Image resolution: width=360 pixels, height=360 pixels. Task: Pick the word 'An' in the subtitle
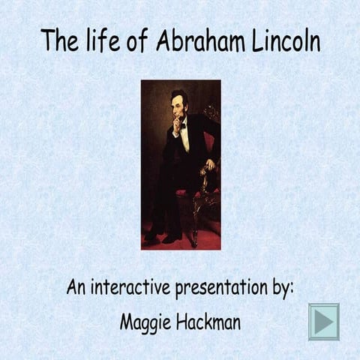pyautogui.click(x=76, y=287)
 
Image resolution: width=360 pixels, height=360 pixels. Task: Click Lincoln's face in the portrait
pyautogui.click(x=178, y=107)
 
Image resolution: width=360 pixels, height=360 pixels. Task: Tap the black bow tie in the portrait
pyautogui.click(x=181, y=126)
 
